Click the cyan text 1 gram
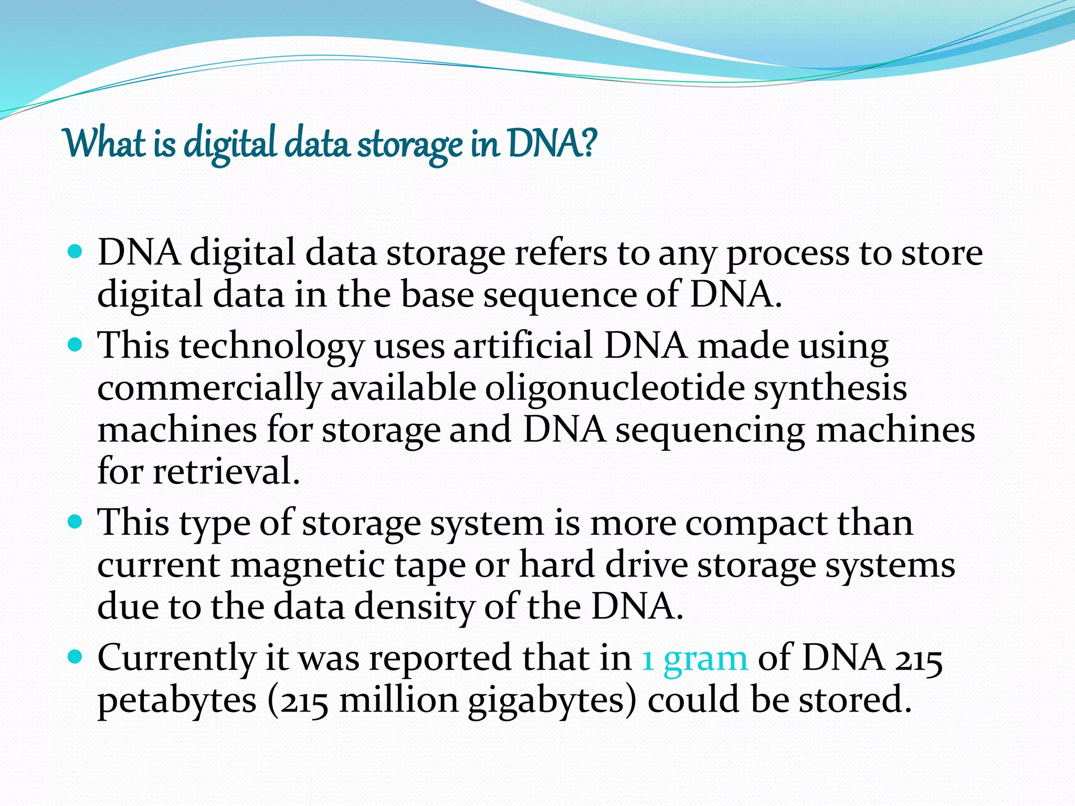694,658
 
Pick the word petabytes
177,701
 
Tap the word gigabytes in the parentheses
552,701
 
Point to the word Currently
176,658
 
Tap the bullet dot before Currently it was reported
76,657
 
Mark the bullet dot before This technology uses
76,345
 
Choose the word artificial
523,346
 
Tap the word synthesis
830,389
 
